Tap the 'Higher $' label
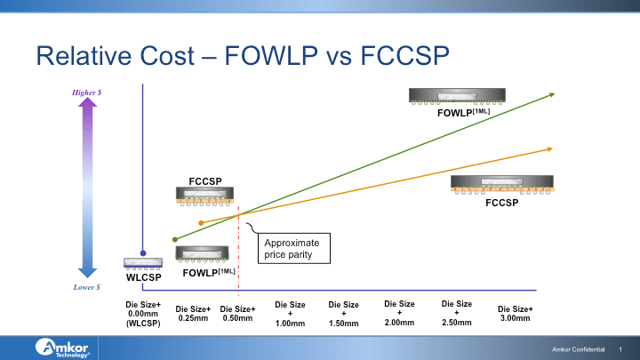tap(86, 92)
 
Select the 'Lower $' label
tap(86, 287)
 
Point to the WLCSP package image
tap(143, 262)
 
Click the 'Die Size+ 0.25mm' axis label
tap(193, 313)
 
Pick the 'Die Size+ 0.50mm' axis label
tap(239, 313)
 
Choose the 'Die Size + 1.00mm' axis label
tap(290, 314)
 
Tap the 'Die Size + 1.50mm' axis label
tap(344, 314)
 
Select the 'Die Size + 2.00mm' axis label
tap(399, 312)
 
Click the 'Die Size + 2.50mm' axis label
tap(457, 312)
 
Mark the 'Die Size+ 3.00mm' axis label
tap(516, 313)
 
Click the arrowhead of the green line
tap(551, 93)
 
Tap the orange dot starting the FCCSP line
tap(201, 222)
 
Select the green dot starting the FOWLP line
tap(175, 239)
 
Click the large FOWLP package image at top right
tap(456, 95)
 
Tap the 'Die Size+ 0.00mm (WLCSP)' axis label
tap(142, 314)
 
